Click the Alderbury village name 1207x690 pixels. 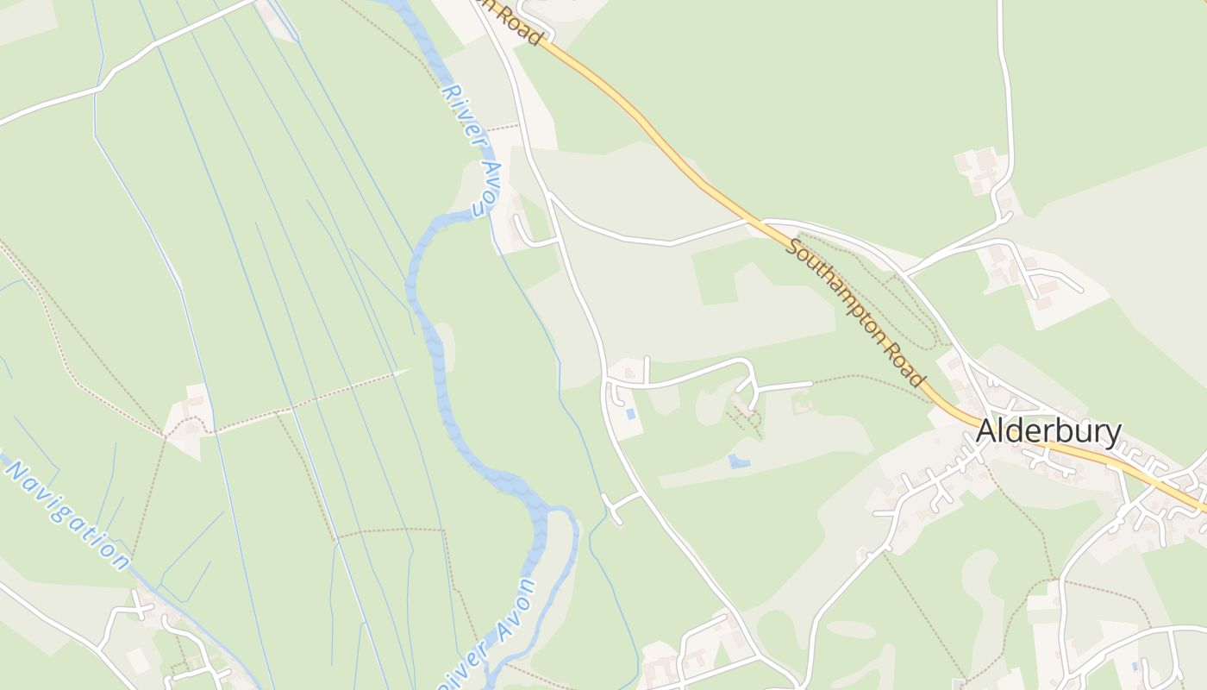(x=1048, y=432)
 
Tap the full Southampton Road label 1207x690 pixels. (x=854, y=313)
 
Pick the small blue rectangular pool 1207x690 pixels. (x=632, y=414)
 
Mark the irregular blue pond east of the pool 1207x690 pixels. (x=738, y=461)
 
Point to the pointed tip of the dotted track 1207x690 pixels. (x=408, y=370)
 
